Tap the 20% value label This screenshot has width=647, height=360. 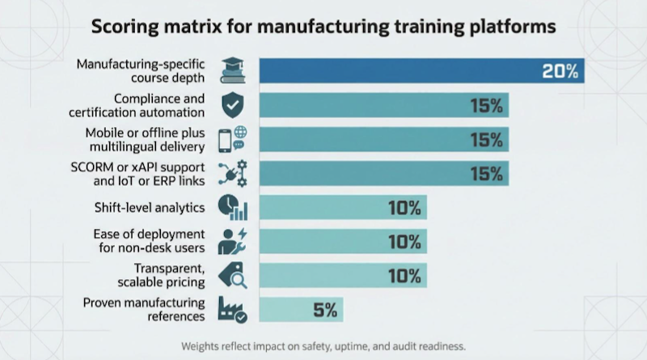tap(560, 71)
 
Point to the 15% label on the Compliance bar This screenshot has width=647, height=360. tap(487, 105)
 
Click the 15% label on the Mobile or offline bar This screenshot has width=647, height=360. tap(487, 139)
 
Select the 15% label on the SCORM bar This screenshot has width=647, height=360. tap(487, 173)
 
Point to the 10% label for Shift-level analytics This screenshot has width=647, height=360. tap(404, 208)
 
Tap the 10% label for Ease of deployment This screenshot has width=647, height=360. tap(404, 242)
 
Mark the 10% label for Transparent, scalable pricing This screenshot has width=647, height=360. tap(404, 276)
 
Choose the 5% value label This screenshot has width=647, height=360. tap(323, 310)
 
